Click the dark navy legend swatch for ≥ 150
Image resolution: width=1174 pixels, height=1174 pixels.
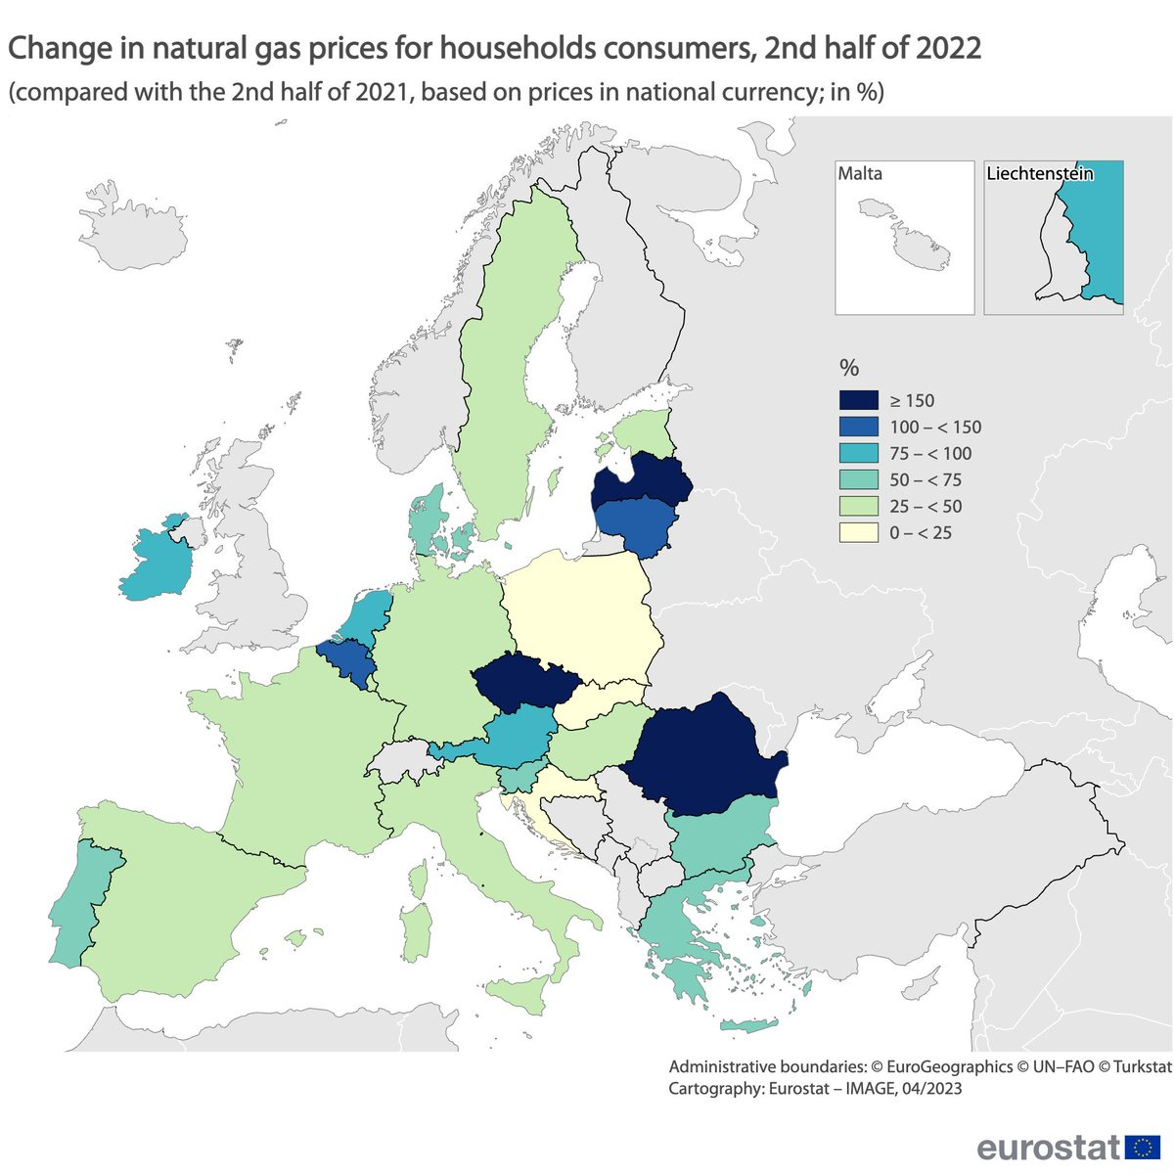[x=858, y=400]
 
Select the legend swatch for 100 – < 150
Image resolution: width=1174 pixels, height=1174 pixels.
[x=858, y=427]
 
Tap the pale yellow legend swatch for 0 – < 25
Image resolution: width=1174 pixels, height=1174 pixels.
[x=858, y=532]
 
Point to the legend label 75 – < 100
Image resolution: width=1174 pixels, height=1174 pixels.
[x=930, y=453]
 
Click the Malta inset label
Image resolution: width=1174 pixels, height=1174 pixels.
[x=860, y=174]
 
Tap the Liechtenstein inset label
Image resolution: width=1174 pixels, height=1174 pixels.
[x=1039, y=174]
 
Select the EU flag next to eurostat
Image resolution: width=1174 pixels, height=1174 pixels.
[x=1143, y=1147]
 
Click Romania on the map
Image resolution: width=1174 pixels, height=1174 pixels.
[x=700, y=758]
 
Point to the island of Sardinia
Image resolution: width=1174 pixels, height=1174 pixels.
[x=416, y=929]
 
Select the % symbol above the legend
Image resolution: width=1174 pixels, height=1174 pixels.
[x=849, y=368]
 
